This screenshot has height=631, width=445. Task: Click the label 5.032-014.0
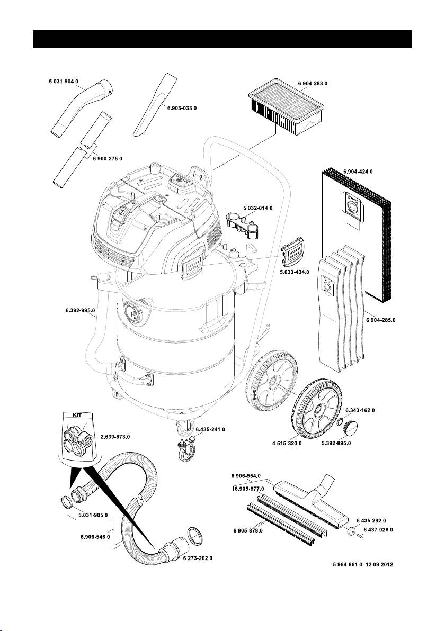(x=257, y=208)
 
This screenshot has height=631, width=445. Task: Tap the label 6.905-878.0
(x=248, y=530)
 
